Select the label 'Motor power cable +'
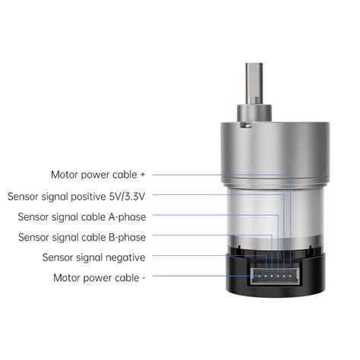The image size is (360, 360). click(x=98, y=175)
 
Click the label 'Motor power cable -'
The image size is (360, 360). click(x=99, y=277)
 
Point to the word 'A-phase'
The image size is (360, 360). click(x=125, y=216)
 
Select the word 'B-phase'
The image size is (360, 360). click(x=125, y=237)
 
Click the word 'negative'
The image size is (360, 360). click(x=124, y=257)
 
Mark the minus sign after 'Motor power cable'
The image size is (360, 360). click(x=144, y=277)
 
